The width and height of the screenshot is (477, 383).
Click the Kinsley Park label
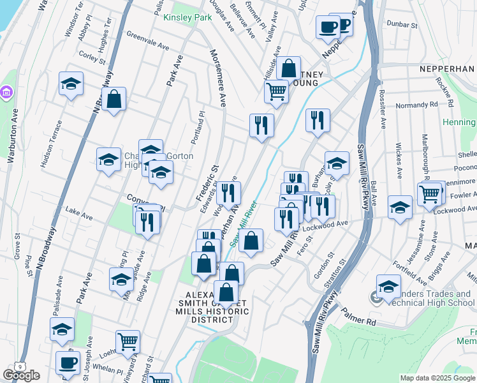(187, 17)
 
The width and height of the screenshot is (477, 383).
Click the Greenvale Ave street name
(147, 41)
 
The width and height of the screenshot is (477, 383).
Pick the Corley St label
(93, 57)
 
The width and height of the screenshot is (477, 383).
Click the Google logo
(21, 375)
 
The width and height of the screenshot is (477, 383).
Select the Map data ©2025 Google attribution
(437, 378)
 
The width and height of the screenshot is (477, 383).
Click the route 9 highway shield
(21, 366)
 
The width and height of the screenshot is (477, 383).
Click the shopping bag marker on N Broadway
(114, 100)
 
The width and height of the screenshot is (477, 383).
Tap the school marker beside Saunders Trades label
(388, 287)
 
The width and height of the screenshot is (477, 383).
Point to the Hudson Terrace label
(50, 144)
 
